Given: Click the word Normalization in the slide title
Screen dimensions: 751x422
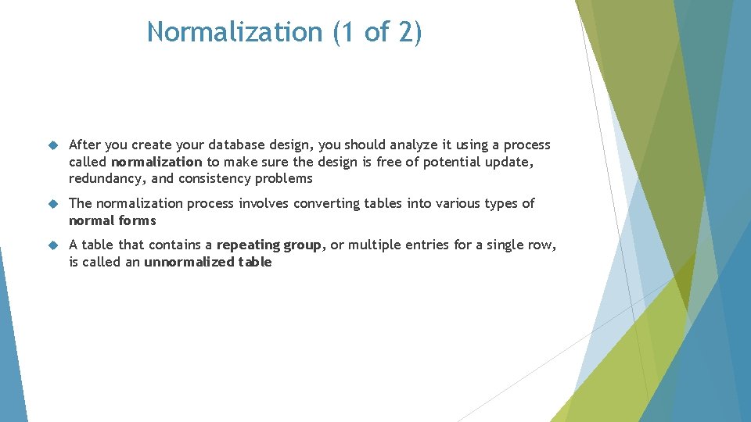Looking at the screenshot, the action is click(x=235, y=31).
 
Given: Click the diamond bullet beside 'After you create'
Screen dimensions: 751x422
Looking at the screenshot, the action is click(x=53, y=145).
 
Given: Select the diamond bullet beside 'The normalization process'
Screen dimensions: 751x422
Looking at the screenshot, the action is click(x=53, y=204).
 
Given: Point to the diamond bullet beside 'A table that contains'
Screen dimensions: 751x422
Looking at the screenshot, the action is click(x=53, y=245).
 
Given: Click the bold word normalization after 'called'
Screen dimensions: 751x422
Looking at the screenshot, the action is click(x=156, y=162).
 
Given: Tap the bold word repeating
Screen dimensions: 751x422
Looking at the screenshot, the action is click(x=248, y=245).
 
